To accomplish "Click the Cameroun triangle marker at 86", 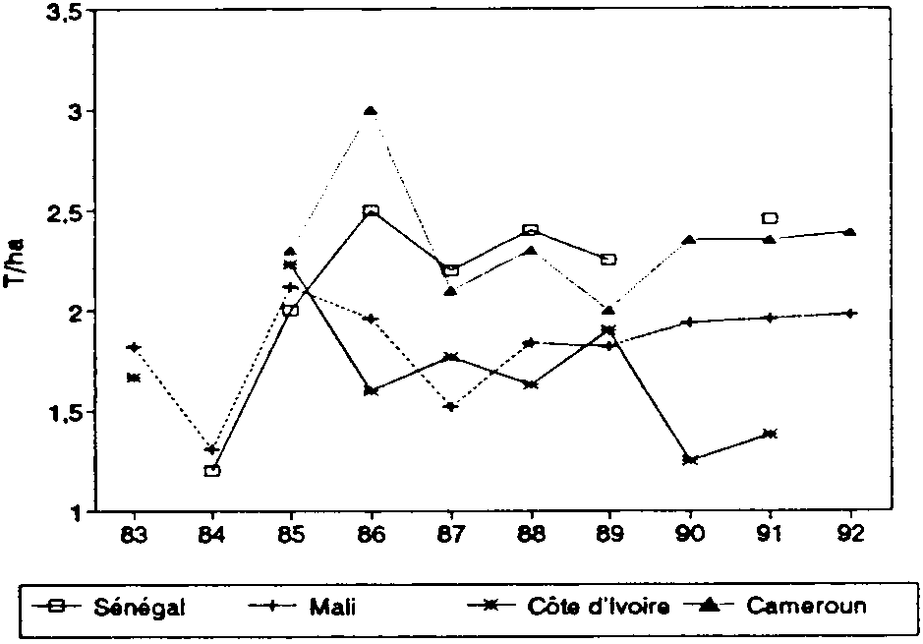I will [x=371, y=111].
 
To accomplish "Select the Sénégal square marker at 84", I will [x=212, y=470].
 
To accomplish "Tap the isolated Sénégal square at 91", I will [x=770, y=217].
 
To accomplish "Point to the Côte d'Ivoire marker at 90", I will [x=690, y=459].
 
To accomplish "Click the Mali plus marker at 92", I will [x=850, y=313].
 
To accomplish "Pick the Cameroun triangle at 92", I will [x=850, y=232].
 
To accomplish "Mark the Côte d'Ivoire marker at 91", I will [x=770, y=433].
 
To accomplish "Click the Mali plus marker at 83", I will [x=133, y=346].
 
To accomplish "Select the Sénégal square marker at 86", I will [x=371, y=211].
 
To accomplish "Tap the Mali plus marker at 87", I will [x=450, y=406].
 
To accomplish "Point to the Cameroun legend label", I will [x=806, y=606].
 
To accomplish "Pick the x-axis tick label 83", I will [x=133, y=536].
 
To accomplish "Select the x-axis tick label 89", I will [x=610, y=536].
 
